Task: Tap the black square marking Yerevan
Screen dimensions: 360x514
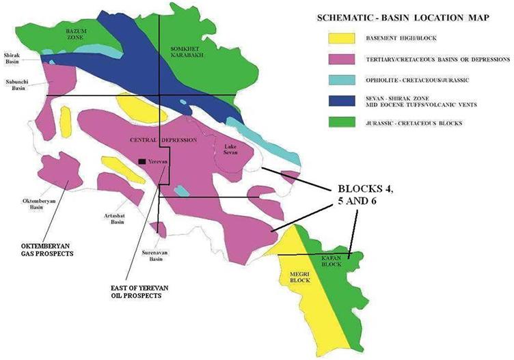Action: pos(141,161)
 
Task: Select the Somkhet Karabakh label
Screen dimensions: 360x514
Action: pos(185,53)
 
